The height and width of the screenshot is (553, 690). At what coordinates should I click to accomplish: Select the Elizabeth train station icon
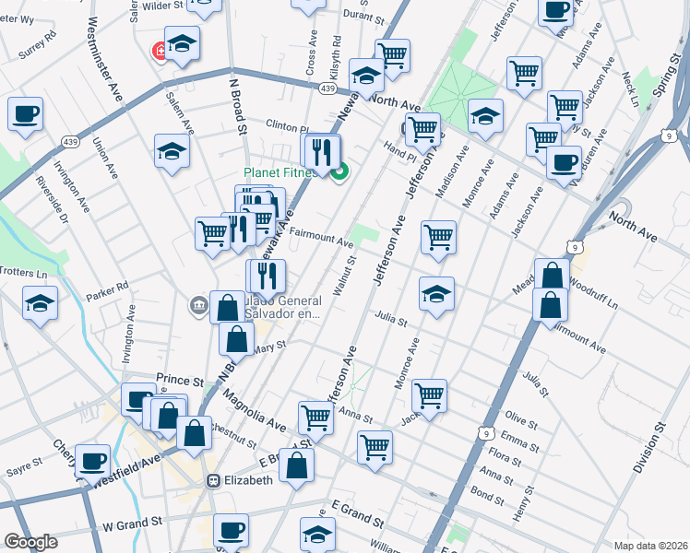tap(213, 480)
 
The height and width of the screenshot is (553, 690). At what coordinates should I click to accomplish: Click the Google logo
tap(30, 542)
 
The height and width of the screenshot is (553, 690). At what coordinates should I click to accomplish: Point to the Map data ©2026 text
tap(650, 546)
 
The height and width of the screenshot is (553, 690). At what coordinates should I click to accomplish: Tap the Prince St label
tap(179, 380)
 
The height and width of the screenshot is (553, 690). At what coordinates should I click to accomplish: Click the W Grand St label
tap(132, 523)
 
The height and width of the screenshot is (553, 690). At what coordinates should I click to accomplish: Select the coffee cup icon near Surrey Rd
tap(26, 114)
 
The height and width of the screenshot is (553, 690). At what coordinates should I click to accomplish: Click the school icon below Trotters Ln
tap(41, 301)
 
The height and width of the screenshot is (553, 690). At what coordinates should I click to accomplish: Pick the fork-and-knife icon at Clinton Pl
tap(321, 150)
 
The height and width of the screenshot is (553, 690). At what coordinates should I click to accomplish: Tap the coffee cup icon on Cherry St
tap(92, 459)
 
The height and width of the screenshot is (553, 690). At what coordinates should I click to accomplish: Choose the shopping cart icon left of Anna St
tap(315, 417)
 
